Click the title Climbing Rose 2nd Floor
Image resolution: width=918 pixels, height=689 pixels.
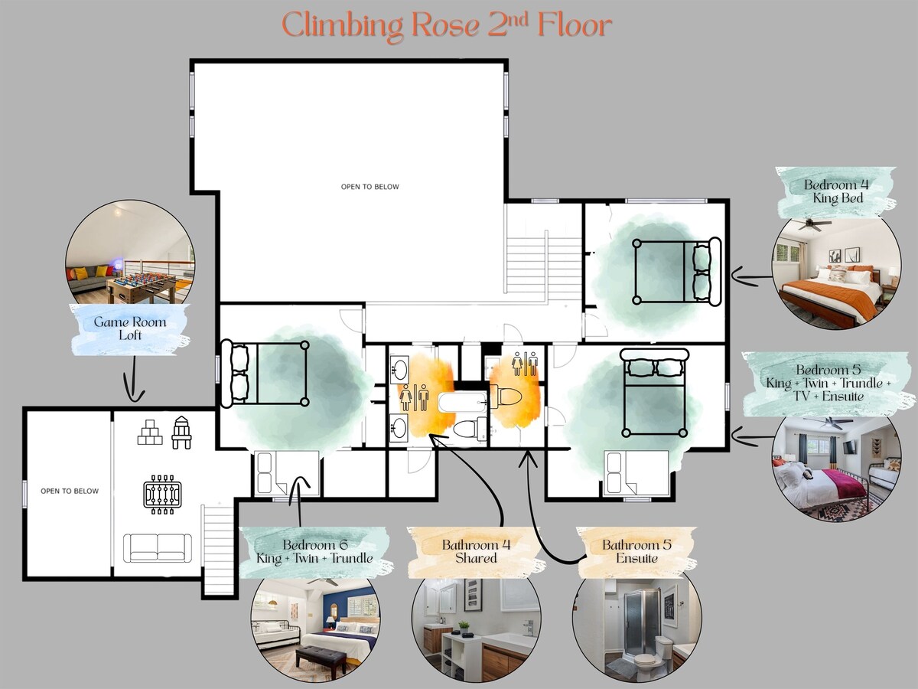447,26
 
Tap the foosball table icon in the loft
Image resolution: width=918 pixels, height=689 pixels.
161,494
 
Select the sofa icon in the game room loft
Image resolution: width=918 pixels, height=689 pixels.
158,548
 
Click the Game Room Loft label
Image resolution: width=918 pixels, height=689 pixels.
129,328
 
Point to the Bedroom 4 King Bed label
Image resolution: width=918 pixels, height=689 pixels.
836,191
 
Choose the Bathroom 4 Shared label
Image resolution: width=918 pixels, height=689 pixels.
476,551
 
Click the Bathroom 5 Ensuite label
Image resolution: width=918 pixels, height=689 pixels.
636,551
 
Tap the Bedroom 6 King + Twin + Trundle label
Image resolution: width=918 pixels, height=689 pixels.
314,551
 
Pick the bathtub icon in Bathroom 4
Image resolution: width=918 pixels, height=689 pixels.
463,403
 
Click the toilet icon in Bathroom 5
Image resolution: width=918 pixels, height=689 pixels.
506,396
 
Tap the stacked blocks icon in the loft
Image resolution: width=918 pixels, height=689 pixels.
150,432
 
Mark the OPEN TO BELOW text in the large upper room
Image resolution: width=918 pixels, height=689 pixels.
370,187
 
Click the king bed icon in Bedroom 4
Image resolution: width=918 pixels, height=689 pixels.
677,271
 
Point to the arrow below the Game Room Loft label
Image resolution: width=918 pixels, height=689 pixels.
133,380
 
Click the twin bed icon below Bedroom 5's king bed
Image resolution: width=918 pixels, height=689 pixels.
636,474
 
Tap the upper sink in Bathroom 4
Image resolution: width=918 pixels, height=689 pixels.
400,370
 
